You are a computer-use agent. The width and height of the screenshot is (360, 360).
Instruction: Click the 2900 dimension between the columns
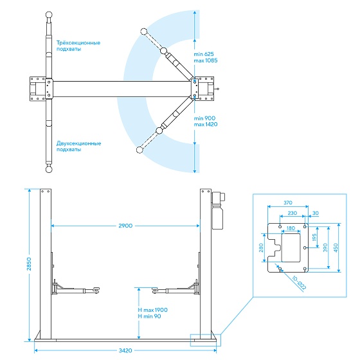tap(125, 226)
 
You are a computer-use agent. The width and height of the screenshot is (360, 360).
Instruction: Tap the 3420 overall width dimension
tap(125, 350)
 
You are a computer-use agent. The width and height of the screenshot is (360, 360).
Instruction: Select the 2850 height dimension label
tap(29, 264)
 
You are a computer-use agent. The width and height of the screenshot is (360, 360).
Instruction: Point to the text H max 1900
tap(153, 310)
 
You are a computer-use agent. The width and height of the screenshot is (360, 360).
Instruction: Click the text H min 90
tap(149, 316)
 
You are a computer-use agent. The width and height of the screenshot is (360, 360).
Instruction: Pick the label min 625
tap(204, 54)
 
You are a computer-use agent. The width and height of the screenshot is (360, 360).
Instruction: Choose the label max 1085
tap(206, 60)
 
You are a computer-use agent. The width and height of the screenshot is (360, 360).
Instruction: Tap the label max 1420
tap(206, 125)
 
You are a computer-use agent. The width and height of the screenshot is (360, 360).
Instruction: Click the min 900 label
tap(204, 118)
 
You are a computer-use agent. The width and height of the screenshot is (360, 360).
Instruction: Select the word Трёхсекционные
tap(78, 43)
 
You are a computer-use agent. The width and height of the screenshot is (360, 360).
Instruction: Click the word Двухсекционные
tap(78, 143)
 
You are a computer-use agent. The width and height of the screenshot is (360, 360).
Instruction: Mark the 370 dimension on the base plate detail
tap(288, 203)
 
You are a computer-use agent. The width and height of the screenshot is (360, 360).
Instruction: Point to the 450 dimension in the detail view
tap(336, 248)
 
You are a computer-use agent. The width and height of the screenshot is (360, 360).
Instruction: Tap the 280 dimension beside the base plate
tap(261, 248)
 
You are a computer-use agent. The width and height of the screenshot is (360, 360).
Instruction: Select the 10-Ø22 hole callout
tap(299, 283)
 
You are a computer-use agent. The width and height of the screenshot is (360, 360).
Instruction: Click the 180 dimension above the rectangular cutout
tap(291, 228)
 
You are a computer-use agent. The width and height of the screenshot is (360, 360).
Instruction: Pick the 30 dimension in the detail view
tap(316, 213)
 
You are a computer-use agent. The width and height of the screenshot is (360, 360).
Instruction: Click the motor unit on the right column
tap(218, 210)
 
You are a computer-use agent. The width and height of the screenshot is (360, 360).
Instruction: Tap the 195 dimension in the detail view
tap(314, 237)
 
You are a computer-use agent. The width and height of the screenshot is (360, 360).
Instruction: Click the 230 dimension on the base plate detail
tap(292, 213)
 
